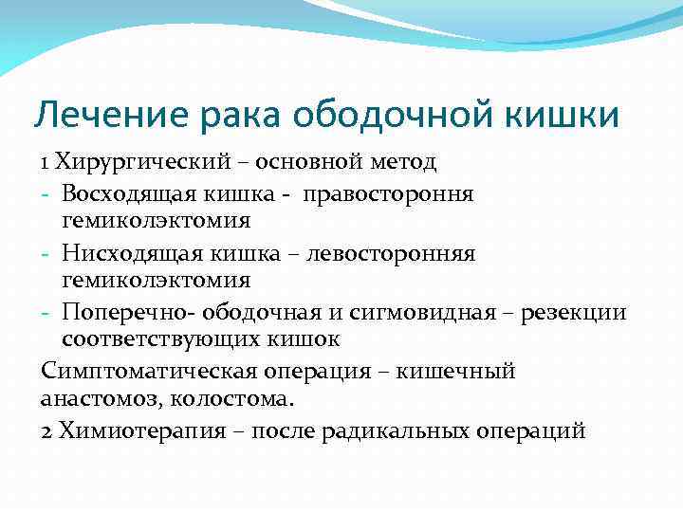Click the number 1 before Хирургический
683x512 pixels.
46,162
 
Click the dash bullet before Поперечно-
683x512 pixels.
46,312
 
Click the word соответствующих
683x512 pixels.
164,339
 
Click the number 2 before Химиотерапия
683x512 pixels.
47,430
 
